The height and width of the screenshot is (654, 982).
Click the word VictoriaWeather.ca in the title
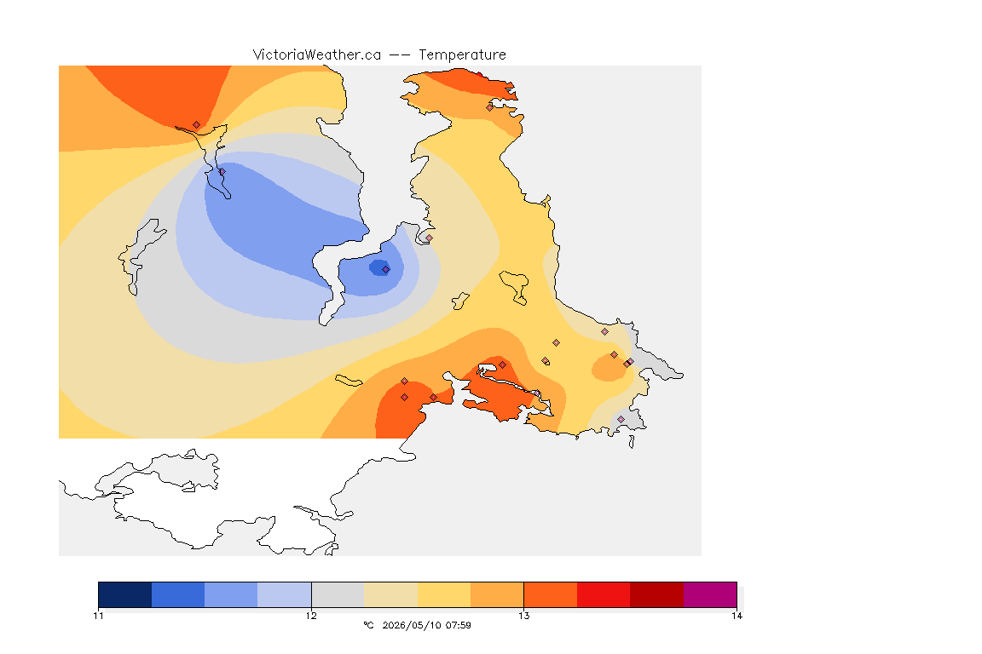tap(317, 55)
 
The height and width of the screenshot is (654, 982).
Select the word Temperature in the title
tap(462, 55)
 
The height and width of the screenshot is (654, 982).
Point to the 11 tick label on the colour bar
tap(98, 616)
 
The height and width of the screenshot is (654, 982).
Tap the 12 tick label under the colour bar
tap(311, 616)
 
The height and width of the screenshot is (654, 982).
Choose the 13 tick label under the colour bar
tap(523, 616)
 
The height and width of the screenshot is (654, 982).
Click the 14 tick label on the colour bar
tap(736, 616)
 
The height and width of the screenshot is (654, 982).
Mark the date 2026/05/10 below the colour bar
tap(409, 625)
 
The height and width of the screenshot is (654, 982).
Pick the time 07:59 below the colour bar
tap(457, 625)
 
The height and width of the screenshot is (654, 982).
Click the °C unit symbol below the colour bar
tap(368, 625)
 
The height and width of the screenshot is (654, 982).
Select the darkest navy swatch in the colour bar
tap(125, 594)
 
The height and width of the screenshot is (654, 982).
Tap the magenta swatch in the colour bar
tap(709, 594)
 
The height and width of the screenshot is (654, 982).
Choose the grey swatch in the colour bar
tap(338, 594)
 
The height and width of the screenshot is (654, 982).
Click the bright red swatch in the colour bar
tap(604, 594)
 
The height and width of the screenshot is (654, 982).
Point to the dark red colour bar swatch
tap(656, 594)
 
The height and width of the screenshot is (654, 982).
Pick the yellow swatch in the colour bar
tap(444, 594)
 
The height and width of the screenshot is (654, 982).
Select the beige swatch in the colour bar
tap(390, 594)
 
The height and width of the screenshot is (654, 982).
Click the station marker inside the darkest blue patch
tap(386, 270)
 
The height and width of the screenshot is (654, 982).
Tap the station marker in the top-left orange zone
tap(197, 125)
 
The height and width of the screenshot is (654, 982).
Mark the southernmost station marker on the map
tap(621, 419)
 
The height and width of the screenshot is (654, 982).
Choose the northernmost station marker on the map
tap(490, 107)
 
